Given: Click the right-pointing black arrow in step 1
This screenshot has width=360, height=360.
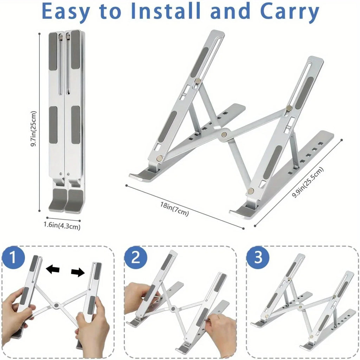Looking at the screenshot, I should click(78, 272).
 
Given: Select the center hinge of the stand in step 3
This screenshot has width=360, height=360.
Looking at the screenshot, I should click(300, 307).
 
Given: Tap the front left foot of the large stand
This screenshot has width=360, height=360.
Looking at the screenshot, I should click(141, 176).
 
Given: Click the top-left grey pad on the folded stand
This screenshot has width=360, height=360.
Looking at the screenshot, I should click(53, 51).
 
